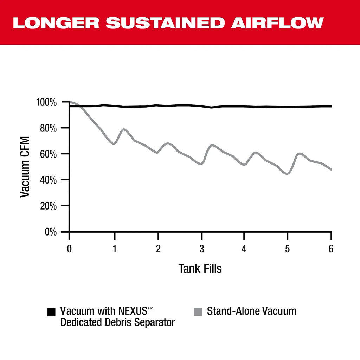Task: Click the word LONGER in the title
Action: (x=56, y=23)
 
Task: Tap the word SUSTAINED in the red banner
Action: (x=166, y=23)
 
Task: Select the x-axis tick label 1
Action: (x=114, y=249)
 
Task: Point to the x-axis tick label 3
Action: (x=201, y=249)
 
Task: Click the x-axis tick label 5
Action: (x=288, y=249)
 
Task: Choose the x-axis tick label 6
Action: (x=331, y=249)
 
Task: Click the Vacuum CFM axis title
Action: (x=25, y=167)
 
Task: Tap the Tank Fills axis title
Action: (x=200, y=269)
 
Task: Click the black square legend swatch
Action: (x=51, y=312)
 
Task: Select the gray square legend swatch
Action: (x=198, y=312)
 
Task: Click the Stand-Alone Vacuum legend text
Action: (x=251, y=311)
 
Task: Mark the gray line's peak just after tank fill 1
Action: (x=123, y=129)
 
